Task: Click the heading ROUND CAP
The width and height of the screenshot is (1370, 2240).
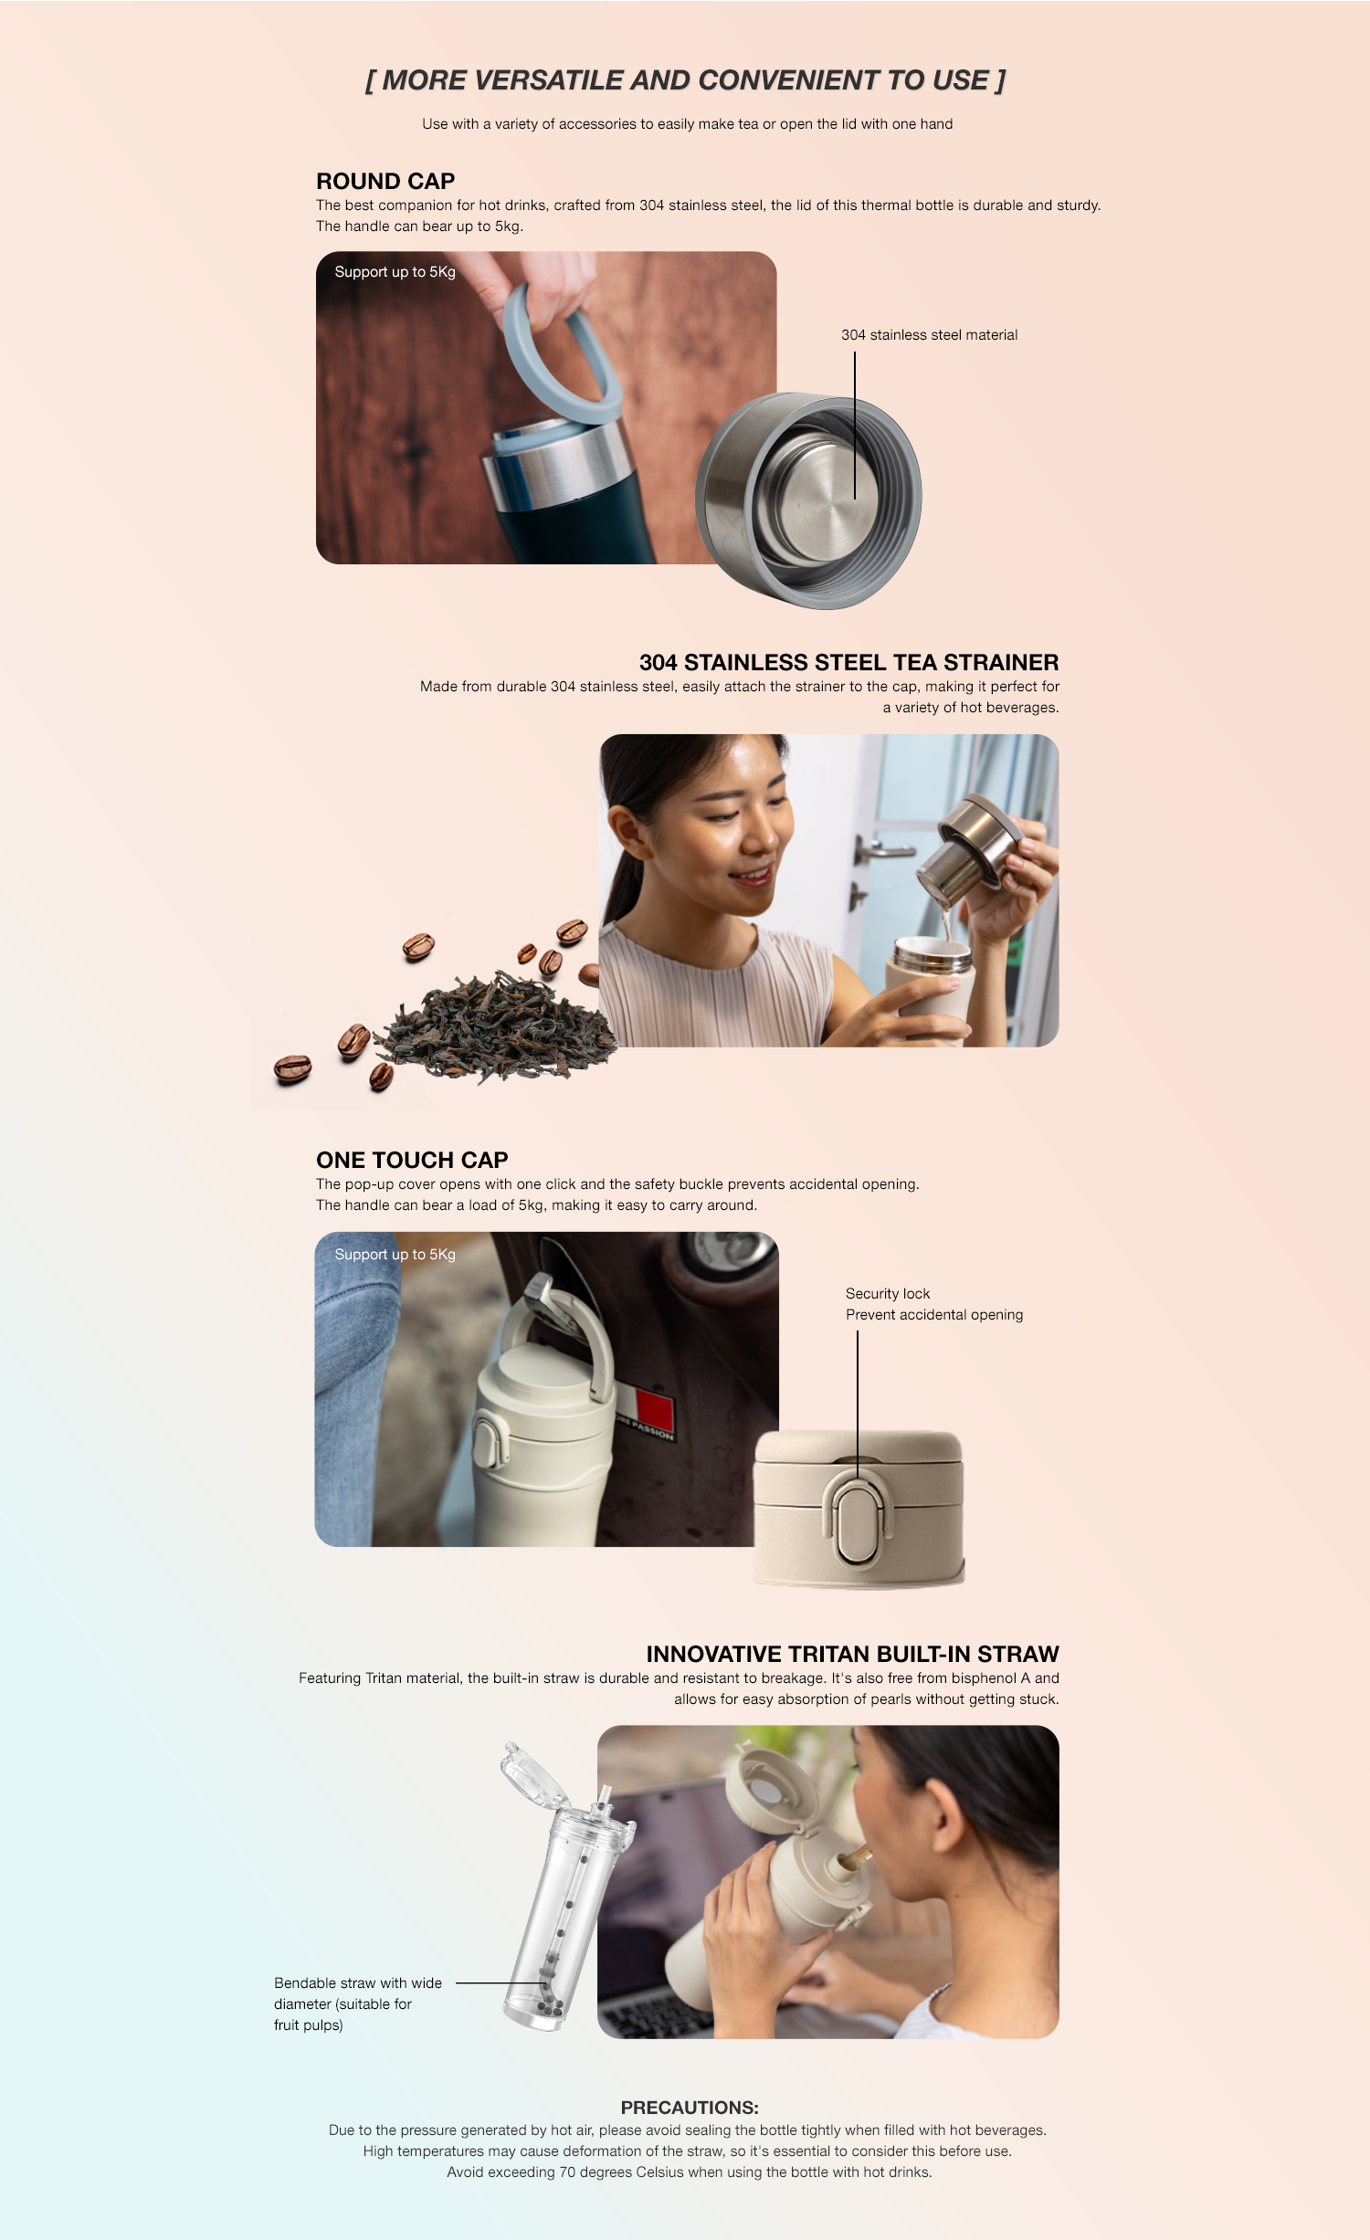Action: [x=385, y=181]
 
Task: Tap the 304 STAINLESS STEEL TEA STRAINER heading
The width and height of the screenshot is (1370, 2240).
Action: [x=848, y=662]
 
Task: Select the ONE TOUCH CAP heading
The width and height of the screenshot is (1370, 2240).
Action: [x=412, y=1160]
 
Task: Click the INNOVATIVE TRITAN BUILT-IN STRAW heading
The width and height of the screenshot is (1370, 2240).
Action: [x=852, y=1654]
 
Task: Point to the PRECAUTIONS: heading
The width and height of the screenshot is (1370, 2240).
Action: [x=690, y=2108]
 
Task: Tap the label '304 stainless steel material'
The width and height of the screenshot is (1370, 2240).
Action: [x=929, y=335]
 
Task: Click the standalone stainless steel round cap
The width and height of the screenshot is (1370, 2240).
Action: [x=808, y=500]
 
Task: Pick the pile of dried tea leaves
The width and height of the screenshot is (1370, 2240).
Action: [x=498, y=1027]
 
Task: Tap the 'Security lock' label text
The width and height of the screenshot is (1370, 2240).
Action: [x=888, y=1294]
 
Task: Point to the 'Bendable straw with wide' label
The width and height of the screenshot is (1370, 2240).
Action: [x=358, y=1983]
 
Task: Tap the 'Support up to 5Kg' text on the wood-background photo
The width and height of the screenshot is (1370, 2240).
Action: [x=395, y=272]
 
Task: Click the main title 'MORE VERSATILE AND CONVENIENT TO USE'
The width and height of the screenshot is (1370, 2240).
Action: [x=685, y=80]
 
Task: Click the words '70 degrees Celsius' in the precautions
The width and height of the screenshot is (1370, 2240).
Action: [x=621, y=2172]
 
